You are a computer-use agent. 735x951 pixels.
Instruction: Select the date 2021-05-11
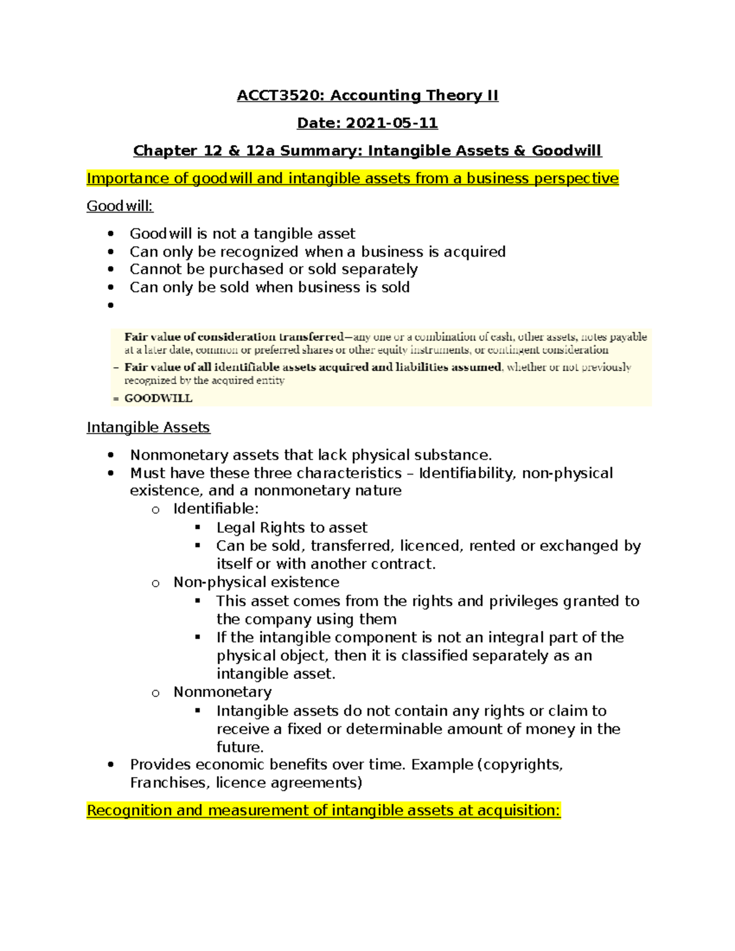click(x=391, y=123)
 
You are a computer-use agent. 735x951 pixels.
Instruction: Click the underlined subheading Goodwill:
click(x=119, y=206)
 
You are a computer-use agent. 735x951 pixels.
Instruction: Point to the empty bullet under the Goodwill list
click(x=111, y=305)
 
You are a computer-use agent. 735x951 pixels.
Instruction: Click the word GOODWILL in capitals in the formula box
click(x=158, y=398)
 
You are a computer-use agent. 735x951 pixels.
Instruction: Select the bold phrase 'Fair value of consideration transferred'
click(x=234, y=337)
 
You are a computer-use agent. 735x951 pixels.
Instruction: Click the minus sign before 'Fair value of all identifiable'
click(x=116, y=367)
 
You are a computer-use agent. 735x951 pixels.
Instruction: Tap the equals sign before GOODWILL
click(x=116, y=398)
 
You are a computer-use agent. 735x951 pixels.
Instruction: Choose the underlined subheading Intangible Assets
click(x=148, y=427)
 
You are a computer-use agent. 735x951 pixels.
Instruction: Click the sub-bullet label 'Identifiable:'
click(x=216, y=508)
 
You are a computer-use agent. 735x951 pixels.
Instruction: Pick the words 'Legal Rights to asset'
click(x=292, y=527)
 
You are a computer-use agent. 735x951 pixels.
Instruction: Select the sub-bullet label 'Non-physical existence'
click(x=256, y=582)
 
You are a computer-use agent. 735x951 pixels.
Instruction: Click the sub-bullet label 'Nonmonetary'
click(x=222, y=691)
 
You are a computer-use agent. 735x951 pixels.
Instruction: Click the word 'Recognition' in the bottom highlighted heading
click(x=129, y=810)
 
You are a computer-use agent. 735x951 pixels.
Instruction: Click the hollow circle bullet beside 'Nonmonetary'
click(x=156, y=693)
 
